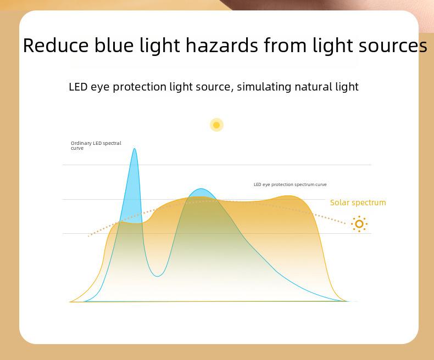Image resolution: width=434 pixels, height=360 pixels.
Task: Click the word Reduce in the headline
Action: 55,46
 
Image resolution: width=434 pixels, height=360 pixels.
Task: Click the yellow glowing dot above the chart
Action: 216,125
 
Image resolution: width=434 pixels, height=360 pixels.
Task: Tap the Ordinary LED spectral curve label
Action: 96,145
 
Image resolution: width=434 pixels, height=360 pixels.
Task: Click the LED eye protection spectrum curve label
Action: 290,184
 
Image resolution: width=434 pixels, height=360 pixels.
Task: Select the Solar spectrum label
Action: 358,203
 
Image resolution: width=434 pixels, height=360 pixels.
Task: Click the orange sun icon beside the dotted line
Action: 359,224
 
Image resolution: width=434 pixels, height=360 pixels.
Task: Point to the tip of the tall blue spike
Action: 135,149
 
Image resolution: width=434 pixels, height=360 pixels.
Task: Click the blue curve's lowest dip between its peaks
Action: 157,276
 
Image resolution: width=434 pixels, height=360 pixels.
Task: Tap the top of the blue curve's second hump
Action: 201,189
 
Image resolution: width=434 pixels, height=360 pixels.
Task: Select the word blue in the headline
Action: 114,45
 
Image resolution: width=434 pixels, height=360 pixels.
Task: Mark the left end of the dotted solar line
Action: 88,236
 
